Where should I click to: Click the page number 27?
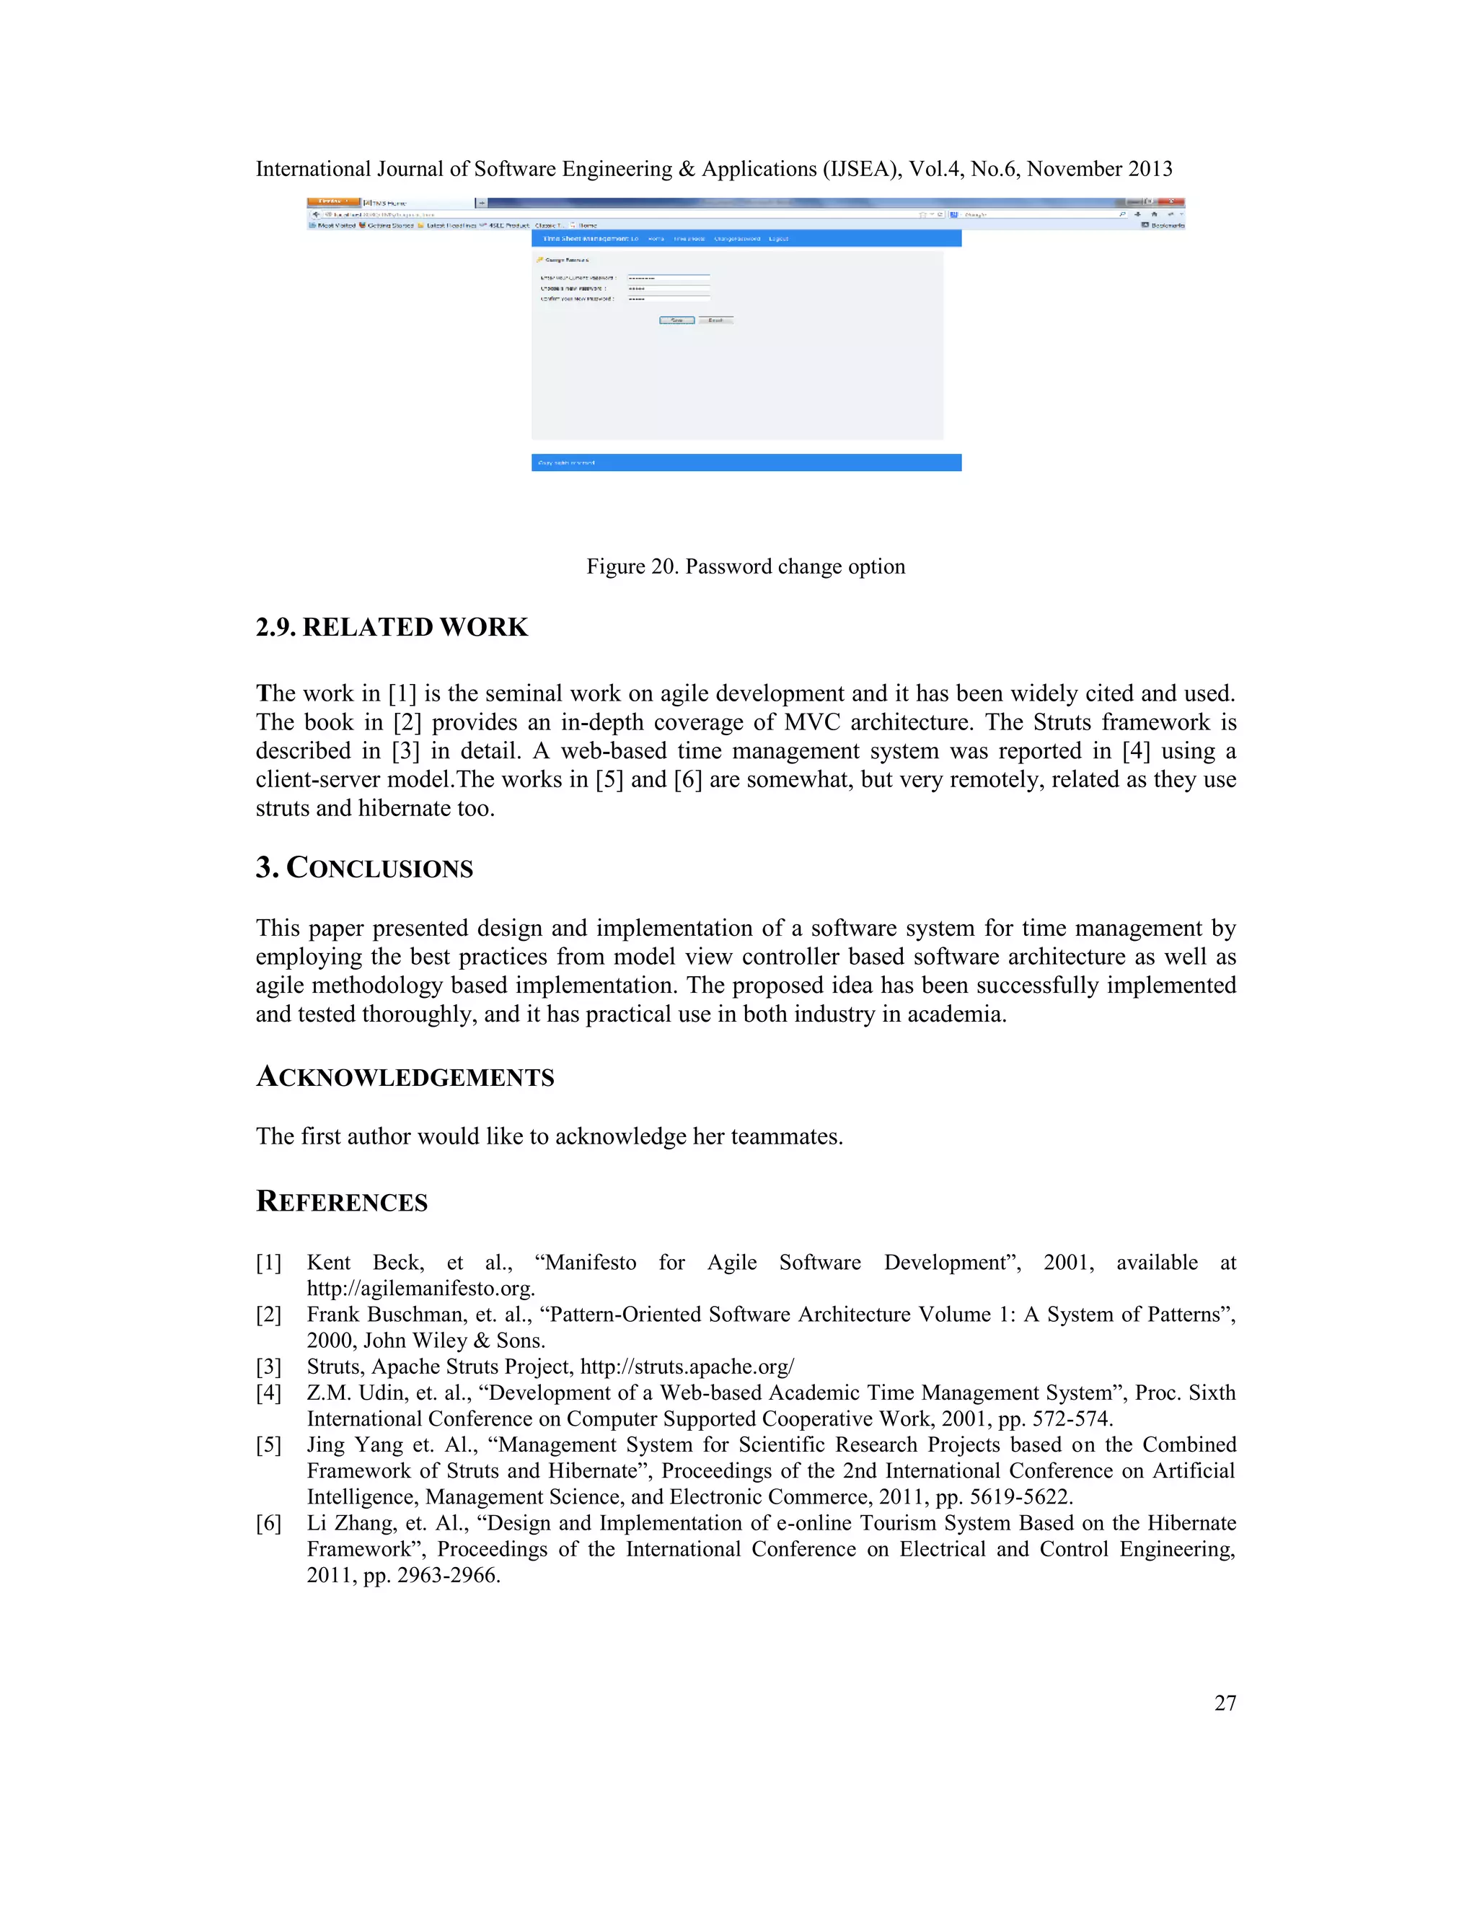click(1224, 1703)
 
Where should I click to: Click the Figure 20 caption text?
click(746, 566)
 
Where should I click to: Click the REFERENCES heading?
click(341, 1202)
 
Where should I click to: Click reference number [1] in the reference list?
click(268, 1263)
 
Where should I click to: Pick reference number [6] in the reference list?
click(268, 1523)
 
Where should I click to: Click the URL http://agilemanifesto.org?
click(420, 1289)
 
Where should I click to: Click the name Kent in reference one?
click(328, 1263)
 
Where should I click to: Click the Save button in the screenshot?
click(676, 320)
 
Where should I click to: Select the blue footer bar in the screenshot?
click(746, 462)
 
